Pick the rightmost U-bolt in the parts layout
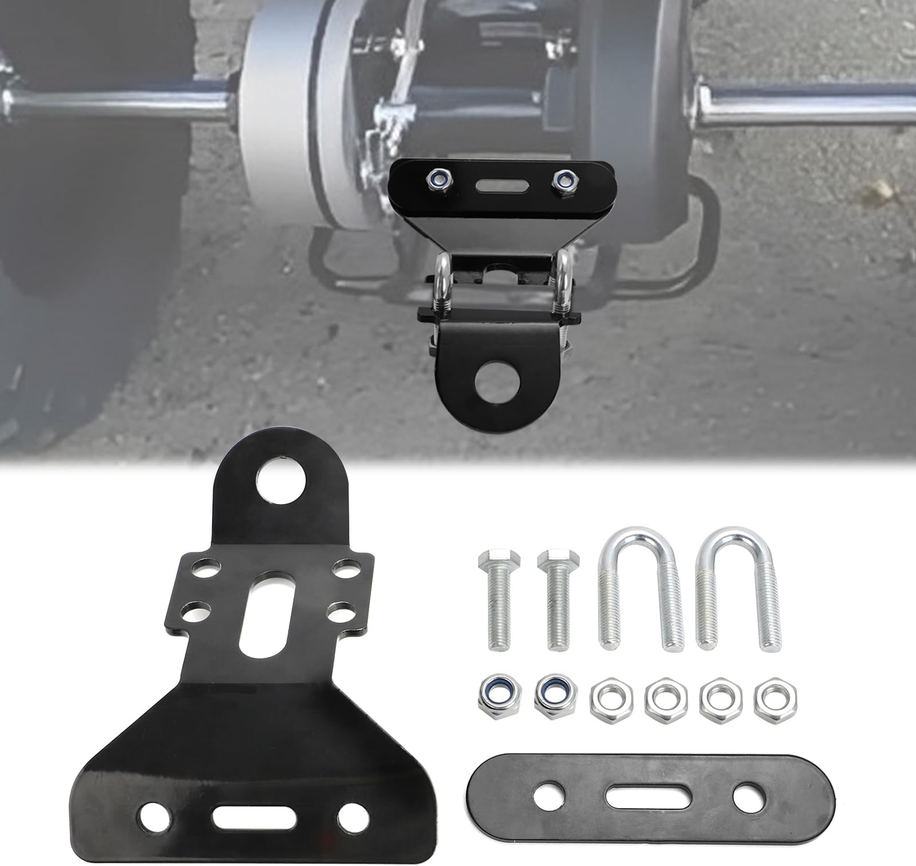point(736,584)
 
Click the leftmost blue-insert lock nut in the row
point(495,696)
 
